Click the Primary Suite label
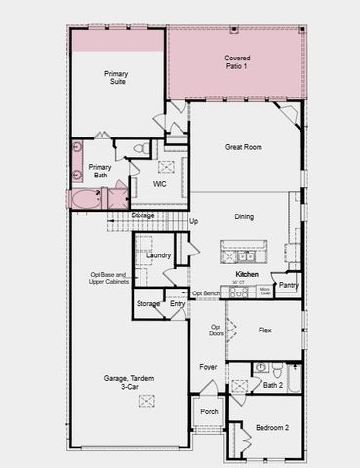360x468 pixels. (117, 79)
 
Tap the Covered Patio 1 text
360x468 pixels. (237, 63)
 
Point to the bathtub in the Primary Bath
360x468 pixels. (85, 200)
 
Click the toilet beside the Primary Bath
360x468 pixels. (140, 149)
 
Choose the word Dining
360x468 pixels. (244, 217)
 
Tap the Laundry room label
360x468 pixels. (159, 255)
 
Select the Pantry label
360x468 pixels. (288, 285)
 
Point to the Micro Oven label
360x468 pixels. (265, 291)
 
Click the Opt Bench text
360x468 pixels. (205, 293)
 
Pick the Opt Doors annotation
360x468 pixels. (217, 331)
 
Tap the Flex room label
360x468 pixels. (264, 331)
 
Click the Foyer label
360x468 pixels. (209, 367)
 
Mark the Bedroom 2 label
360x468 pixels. (272, 428)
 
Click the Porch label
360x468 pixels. (210, 411)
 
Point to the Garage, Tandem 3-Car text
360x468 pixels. (129, 383)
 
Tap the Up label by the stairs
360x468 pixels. (193, 222)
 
